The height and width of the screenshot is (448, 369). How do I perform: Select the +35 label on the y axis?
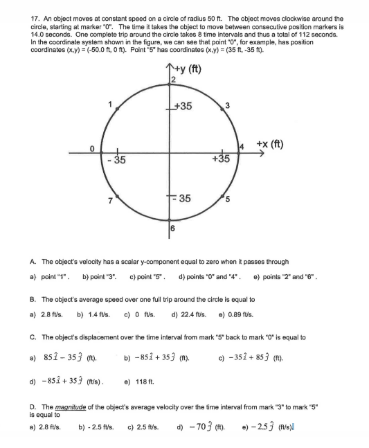pos(183,107)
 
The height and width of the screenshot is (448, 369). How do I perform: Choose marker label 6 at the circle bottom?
pos(172,227)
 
